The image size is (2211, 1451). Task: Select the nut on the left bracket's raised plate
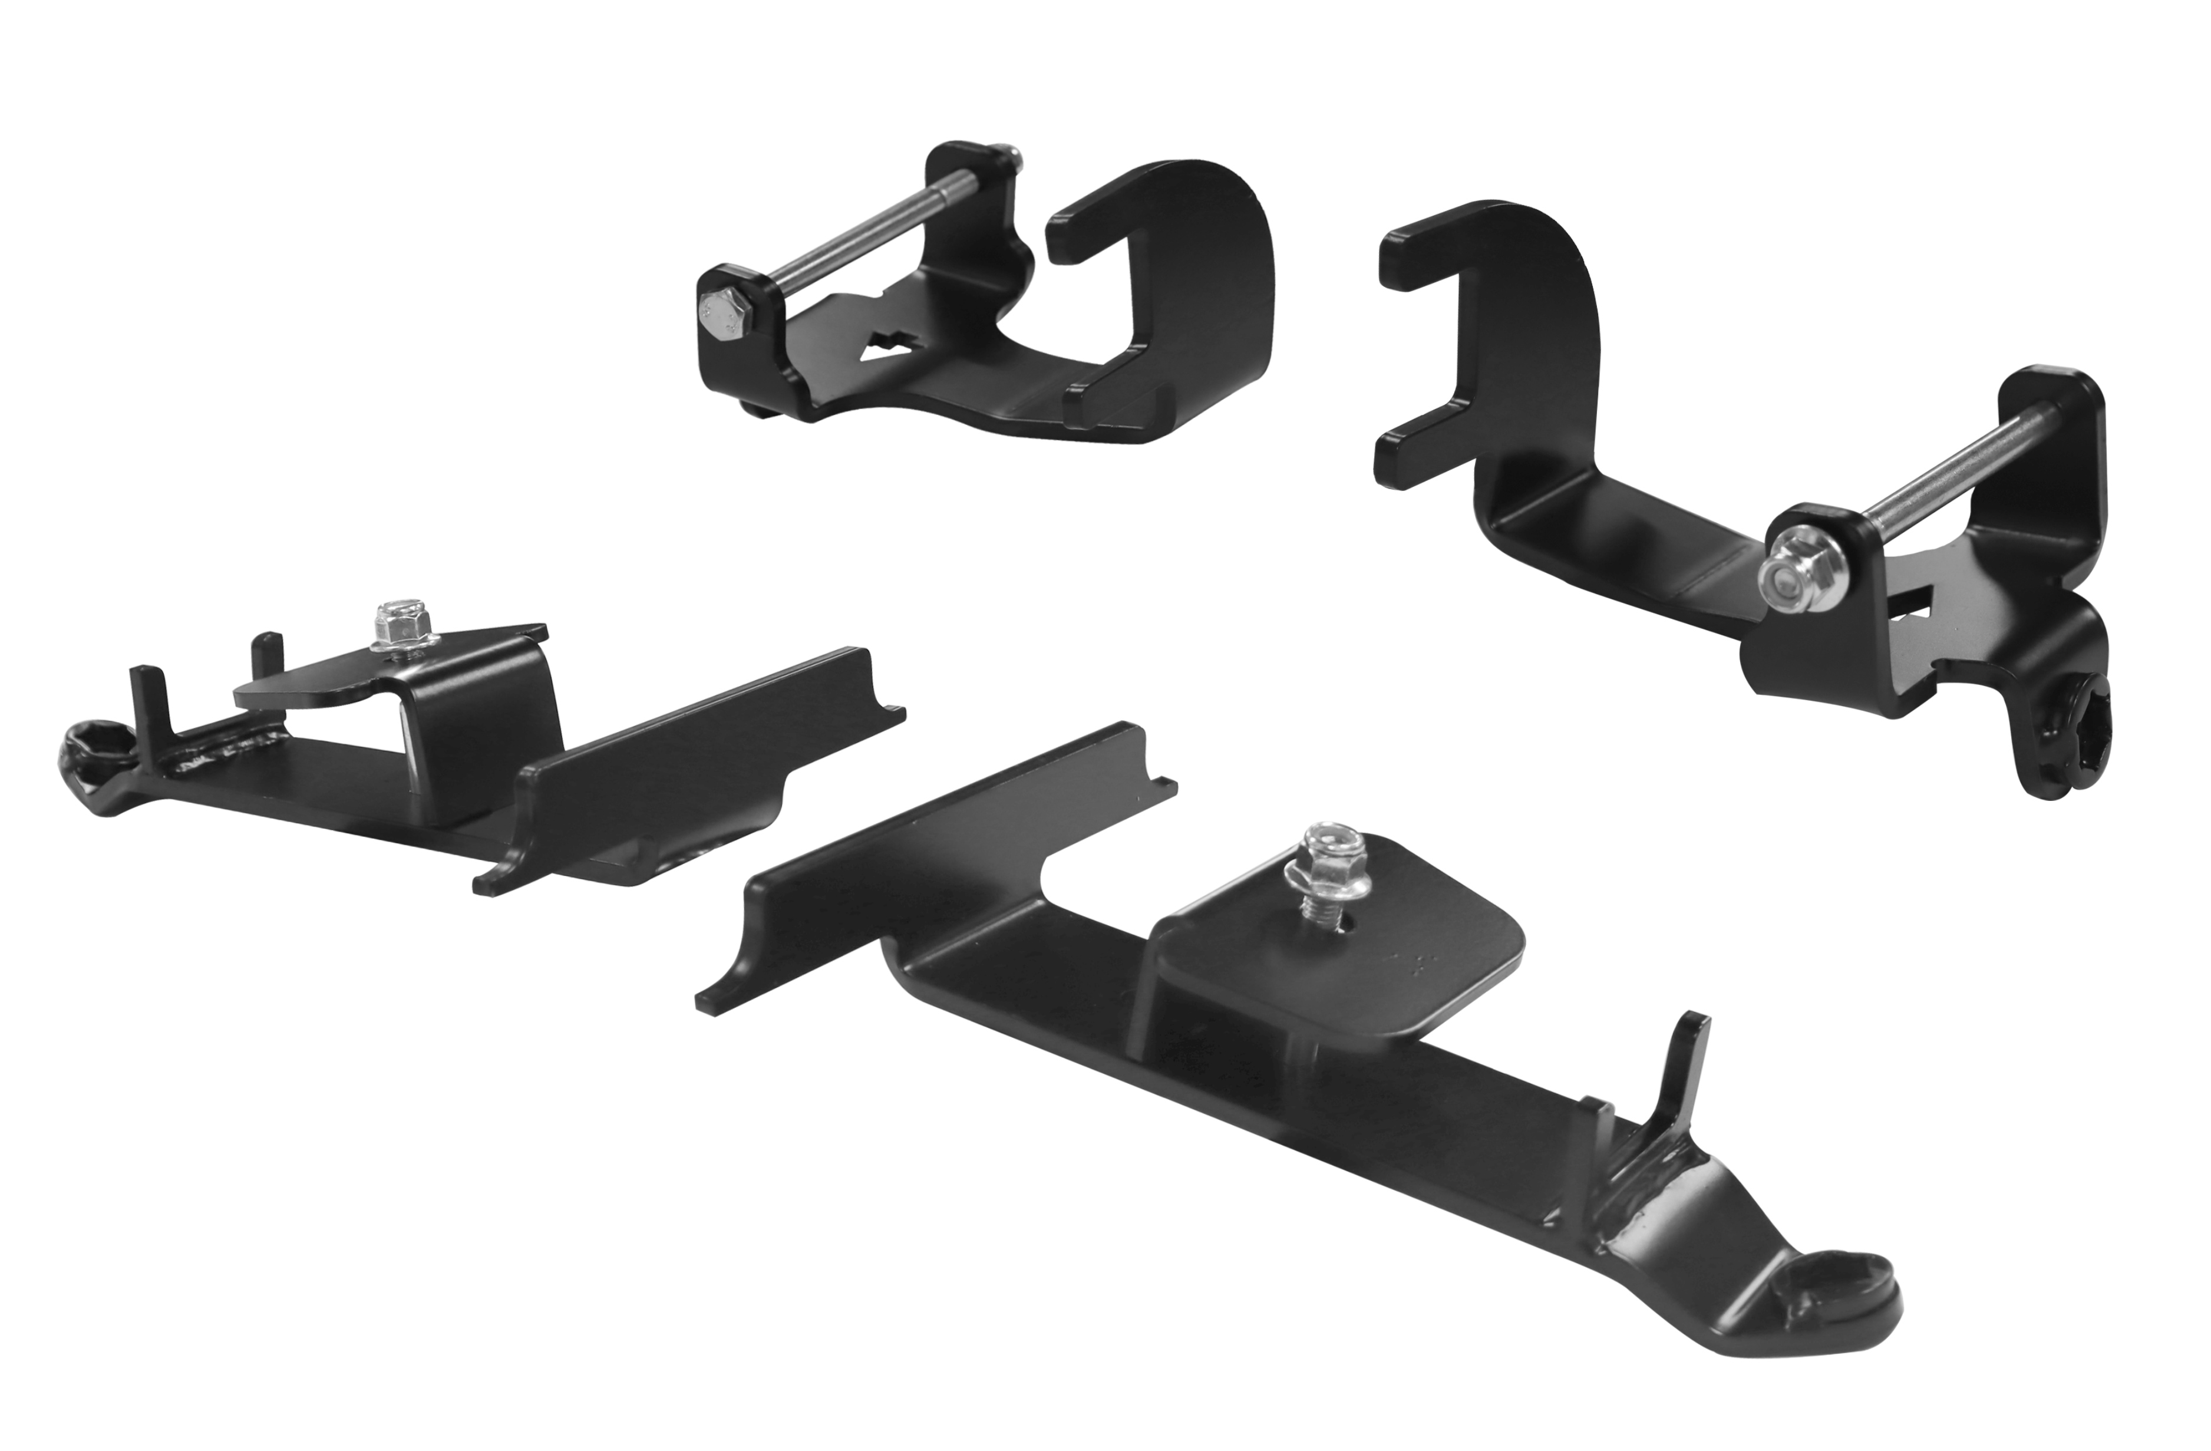(x=393, y=622)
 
